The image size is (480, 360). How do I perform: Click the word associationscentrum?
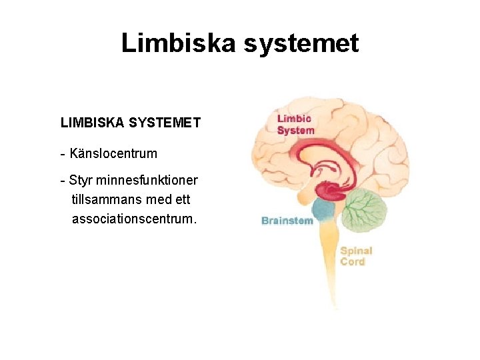(134, 219)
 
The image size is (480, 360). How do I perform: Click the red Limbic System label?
(295, 125)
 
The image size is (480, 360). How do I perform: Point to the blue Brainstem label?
(287, 221)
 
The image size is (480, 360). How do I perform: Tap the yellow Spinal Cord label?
(356, 256)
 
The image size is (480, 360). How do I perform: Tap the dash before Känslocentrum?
(62, 154)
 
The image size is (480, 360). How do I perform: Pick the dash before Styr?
(62, 181)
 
